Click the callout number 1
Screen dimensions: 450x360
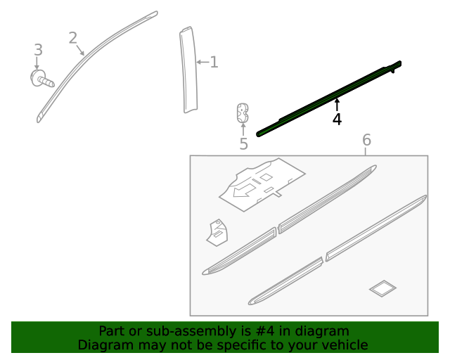214,62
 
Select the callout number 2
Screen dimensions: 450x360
73,38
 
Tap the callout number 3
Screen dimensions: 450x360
38,50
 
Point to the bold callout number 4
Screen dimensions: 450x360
337,120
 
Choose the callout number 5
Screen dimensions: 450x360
243,143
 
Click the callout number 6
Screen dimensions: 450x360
367,140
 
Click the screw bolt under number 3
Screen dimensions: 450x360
42,78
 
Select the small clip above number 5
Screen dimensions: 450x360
243,112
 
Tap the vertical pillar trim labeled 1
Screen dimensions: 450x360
188,70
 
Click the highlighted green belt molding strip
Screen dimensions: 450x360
329,98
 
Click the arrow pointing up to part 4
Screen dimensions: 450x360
337,105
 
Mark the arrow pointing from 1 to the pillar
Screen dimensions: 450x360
202,62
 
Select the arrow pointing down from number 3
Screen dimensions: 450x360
37,63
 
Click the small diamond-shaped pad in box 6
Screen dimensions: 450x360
382,288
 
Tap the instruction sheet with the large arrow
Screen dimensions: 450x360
262,184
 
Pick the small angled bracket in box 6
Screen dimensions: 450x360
217,233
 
